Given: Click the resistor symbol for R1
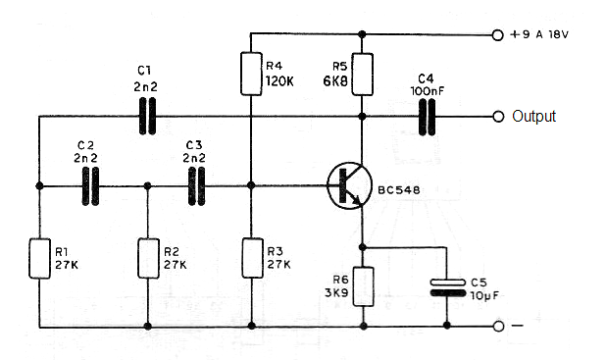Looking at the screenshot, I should coord(40,257).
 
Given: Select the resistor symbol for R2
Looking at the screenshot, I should coord(147,257).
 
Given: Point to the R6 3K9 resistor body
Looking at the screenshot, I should coord(363,286).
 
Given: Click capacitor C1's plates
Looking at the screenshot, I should coord(147,117).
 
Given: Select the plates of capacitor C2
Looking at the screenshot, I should coord(91,185).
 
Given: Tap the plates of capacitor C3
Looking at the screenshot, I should coord(197,185).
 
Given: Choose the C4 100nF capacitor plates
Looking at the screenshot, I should coord(427,117).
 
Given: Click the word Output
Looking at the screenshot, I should coord(533,117).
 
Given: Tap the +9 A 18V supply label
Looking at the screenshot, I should coord(542,34).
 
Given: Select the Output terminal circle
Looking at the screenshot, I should coord(496,117).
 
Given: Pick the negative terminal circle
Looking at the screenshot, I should coord(496,327).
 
